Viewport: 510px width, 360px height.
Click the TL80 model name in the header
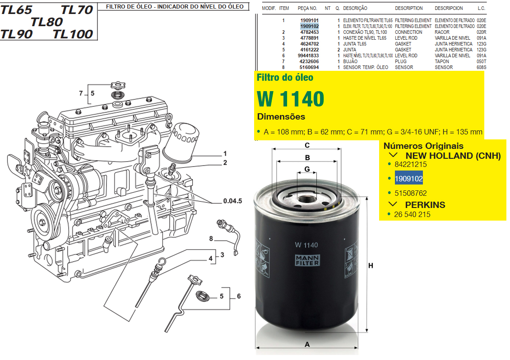(x=47, y=22)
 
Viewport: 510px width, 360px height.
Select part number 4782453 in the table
(x=309, y=32)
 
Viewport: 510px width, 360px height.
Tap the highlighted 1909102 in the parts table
(x=309, y=26)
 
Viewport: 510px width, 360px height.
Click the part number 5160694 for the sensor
(x=309, y=67)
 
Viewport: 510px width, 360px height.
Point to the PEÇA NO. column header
(x=307, y=8)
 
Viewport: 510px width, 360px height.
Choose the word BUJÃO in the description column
(x=350, y=61)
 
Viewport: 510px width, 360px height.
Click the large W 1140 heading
(x=291, y=98)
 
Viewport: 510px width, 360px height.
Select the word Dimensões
(x=281, y=117)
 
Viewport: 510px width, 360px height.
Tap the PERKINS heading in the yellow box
(x=425, y=205)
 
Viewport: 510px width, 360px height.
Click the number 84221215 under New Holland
(x=410, y=165)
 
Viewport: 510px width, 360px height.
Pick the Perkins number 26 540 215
(x=412, y=215)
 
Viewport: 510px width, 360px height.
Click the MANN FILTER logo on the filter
(x=307, y=260)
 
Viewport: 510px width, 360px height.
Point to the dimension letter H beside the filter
(x=371, y=266)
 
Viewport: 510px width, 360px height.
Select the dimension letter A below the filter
(x=307, y=344)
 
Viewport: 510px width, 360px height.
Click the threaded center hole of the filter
(x=306, y=198)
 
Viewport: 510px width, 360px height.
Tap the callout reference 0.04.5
(x=232, y=201)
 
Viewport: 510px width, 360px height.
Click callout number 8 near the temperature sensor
(x=211, y=239)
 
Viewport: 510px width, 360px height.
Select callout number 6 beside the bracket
(x=239, y=296)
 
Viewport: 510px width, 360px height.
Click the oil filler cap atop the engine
(x=118, y=86)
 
